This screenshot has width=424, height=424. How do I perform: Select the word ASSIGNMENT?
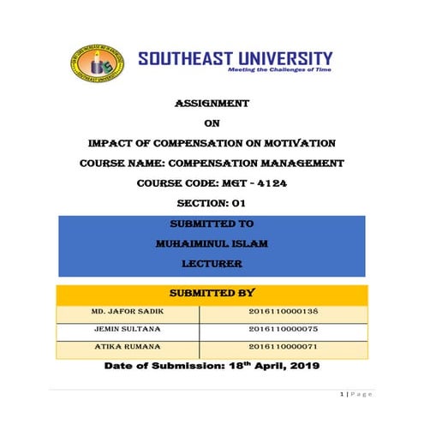212,103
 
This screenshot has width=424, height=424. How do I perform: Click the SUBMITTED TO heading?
212,224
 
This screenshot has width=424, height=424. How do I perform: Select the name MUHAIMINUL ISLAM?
212,244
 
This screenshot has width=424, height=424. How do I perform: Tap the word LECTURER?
212,265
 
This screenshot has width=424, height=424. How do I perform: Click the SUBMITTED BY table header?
212,294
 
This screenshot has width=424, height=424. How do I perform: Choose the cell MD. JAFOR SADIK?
126,313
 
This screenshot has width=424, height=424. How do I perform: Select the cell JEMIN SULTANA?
126,331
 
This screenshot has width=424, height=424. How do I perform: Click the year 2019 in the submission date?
301,367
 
